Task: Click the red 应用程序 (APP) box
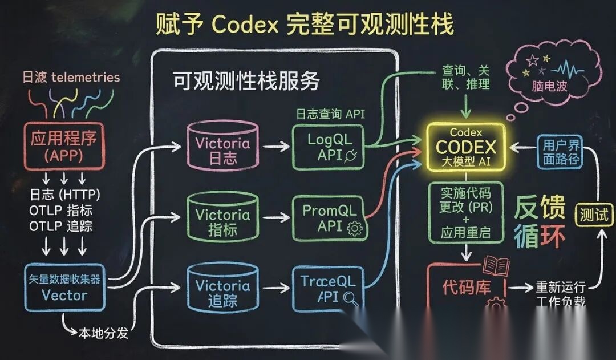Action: click(x=64, y=146)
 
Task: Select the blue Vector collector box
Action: click(x=64, y=288)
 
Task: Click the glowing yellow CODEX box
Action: click(x=466, y=147)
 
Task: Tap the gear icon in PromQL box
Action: click(x=355, y=229)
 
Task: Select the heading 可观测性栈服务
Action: click(x=246, y=82)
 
